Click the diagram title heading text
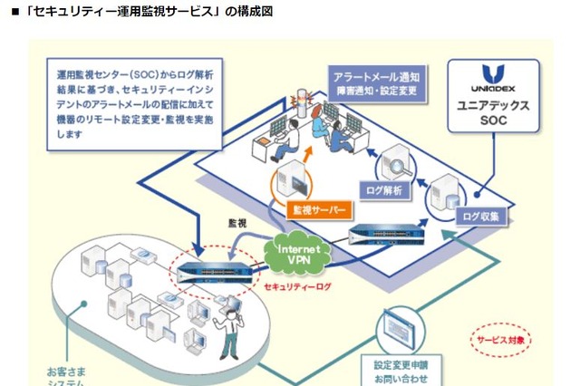coord(136,11)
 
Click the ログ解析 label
coord(388,190)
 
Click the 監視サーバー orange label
coord(316,209)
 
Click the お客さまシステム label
coord(69,375)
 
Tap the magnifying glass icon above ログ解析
coord(397,162)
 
